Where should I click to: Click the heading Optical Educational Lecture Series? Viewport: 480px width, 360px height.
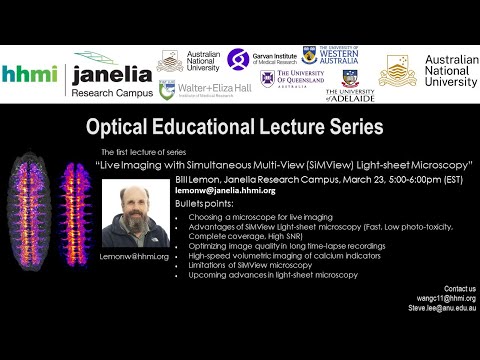(234, 127)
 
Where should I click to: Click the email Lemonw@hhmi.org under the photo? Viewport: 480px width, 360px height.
(133, 256)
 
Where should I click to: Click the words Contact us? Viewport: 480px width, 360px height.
(459, 288)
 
